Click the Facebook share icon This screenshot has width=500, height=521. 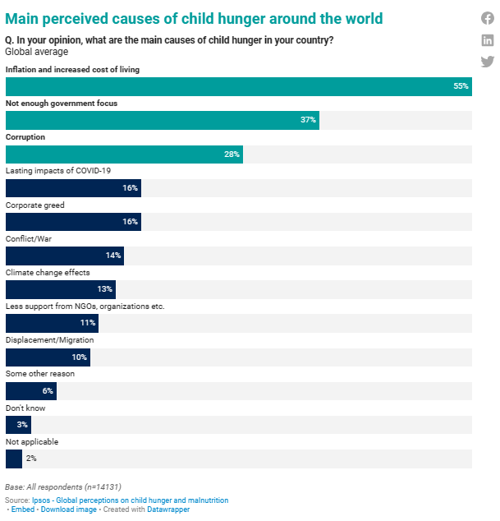(488, 19)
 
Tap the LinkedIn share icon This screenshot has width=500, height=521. (488, 40)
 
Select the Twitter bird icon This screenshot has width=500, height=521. (488, 62)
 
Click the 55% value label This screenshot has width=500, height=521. (461, 86)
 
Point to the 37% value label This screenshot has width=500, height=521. (308, 120)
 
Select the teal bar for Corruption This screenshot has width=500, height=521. (123, 154)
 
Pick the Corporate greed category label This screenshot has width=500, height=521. (35, 205)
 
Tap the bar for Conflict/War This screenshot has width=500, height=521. (64, 256)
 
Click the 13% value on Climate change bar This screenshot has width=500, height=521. (104, 289)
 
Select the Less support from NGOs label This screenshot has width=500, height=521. (85, 306)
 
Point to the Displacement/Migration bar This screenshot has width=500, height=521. (47, 357)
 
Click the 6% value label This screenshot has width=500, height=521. (48, 391)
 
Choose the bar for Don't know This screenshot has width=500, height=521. (17, 425)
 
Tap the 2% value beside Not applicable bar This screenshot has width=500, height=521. (31, 459)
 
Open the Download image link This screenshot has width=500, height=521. (69, 509)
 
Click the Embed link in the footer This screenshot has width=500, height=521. (23, 509)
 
